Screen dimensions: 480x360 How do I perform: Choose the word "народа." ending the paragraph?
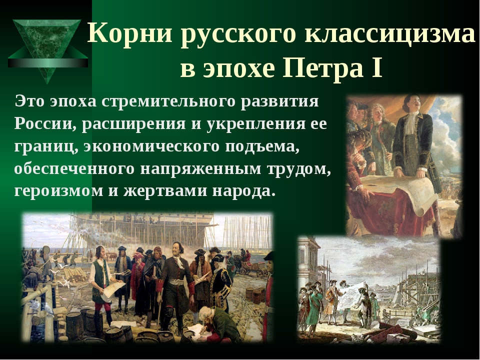(x=242, y=191)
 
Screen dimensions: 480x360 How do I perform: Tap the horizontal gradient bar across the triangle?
(x=48, y=63)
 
